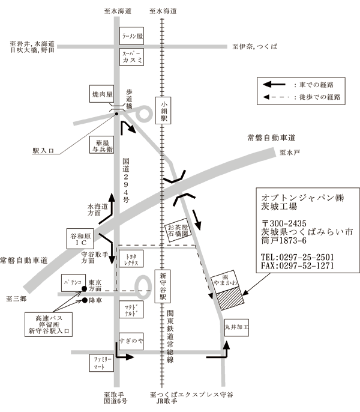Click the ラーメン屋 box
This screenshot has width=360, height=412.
click(x=132, y=35)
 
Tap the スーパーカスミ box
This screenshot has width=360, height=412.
click(x=132, y=57)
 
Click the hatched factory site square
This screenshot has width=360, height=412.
click(x=228, y=298)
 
